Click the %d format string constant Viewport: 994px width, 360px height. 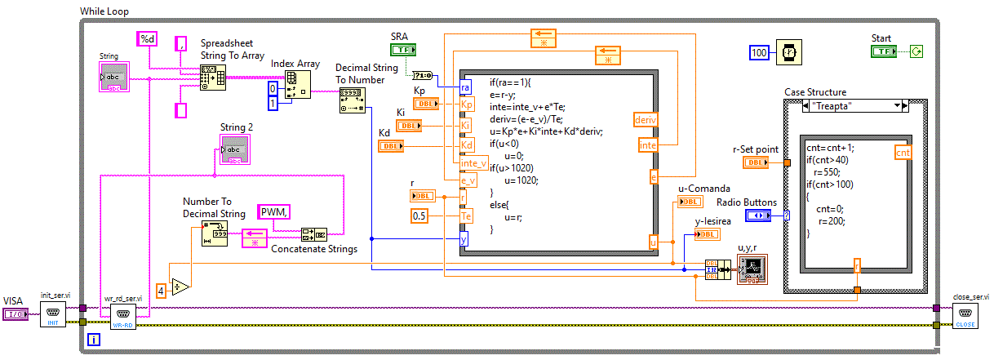tap(148, 38)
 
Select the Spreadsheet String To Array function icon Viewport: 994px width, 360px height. tap(213, 78)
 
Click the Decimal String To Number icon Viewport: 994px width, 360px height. tap(353, 100)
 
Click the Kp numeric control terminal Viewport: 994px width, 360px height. tap(426, 104)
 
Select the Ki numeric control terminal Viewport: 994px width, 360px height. tap(409, 126)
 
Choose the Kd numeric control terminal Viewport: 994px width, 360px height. tap(391, 146)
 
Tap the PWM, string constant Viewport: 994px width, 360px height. tap(276, 212)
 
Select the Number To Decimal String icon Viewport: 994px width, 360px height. tap(214, 234)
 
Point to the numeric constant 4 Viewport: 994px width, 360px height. tap(162, 290)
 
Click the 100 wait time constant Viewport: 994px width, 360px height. tap(760, 52)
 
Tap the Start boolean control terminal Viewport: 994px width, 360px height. tap(884, 51)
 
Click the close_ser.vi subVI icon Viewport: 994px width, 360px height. tap(965, 315)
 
